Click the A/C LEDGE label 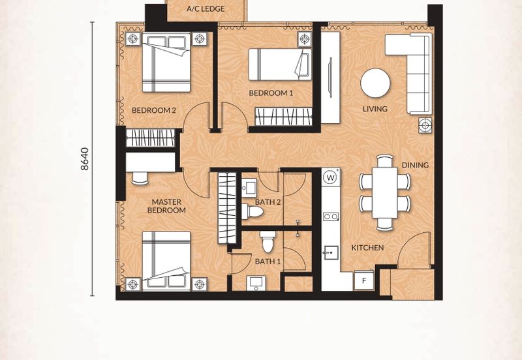[x=206, y=9]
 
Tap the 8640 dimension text [x=85, y=159]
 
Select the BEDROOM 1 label [x=271, y=93]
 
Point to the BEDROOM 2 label [x=154, y=110]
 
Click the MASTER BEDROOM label [x=166, y=206]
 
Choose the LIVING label [x=375, y=109]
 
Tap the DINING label [x=415, y=165]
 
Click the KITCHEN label [x=368, y=248]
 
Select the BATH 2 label [x=268, y=202]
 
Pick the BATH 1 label [x=268, y=262]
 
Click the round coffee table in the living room [x=376, y=83]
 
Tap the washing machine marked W [x=331, y=177]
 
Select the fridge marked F [x=364, y=280]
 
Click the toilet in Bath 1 [x=268, y=242]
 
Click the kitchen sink [x=331, y=253]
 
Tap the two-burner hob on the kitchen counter [x=331, y=217]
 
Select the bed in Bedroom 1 [x=280, y=65]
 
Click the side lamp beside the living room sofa [x=425, y=126]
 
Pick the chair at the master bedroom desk [x=140, y=178]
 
